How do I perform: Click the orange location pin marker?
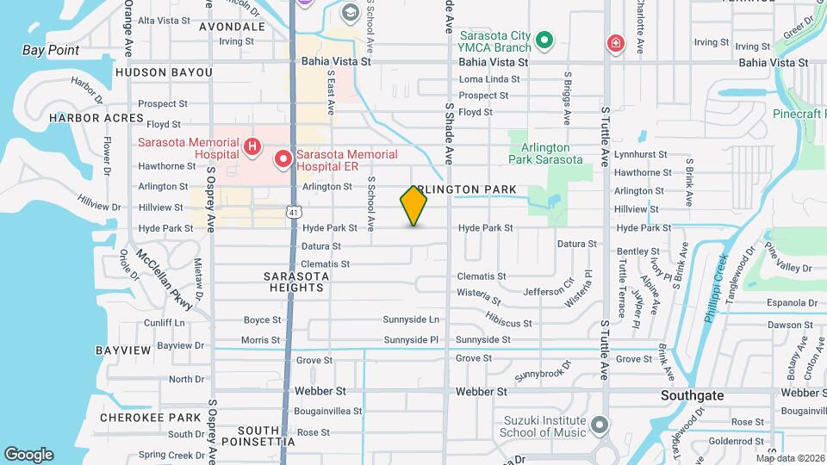[x=413, y=205]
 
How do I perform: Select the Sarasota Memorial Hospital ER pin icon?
[x=282, y=159]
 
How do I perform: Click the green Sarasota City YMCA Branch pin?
[x=544, y=40]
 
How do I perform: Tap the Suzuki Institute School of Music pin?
[x=600, y=425]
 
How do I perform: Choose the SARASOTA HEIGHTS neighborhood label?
[x=295, y=281]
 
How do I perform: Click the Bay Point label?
[x=51, y=50]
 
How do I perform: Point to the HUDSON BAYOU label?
[x=163, y=73]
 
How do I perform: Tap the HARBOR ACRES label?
[x=96, y=117]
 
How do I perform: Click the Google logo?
[x=28, y=454]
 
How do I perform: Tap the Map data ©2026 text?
[x=790, y=458]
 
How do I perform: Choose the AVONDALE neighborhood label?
[x=232, y=27]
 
